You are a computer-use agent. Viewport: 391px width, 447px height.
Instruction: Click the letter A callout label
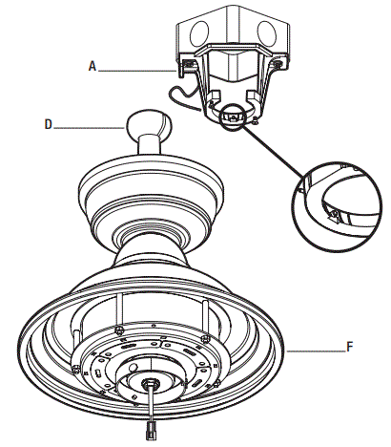point(92,67)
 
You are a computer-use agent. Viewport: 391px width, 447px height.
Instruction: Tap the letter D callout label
point(50,124)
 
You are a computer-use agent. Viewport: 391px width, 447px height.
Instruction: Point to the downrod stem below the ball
point(150,147)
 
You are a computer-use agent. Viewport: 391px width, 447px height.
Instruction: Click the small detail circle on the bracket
point(234,116)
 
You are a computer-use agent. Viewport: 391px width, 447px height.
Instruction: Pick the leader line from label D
point(91,124)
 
